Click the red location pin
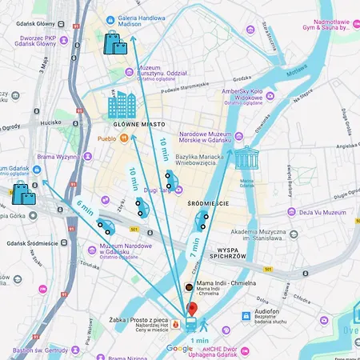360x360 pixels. pyautogui.click(x=191, y=309)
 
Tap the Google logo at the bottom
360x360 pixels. pyautogui.click(x=180, y=349)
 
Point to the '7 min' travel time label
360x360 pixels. pyautogui.click(x=194, y=246)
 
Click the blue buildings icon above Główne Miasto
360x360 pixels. pyautogui.click(x=122, y=106)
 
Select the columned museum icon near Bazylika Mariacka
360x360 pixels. pyautogui.click(x=246, y=158)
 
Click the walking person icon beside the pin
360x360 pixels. pyautogui.click(x=206, y=325)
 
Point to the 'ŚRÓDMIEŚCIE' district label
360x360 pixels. pyautogui.click(x=208, y=203)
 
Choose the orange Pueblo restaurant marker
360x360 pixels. pyautogui.click(x=125, y=138)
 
